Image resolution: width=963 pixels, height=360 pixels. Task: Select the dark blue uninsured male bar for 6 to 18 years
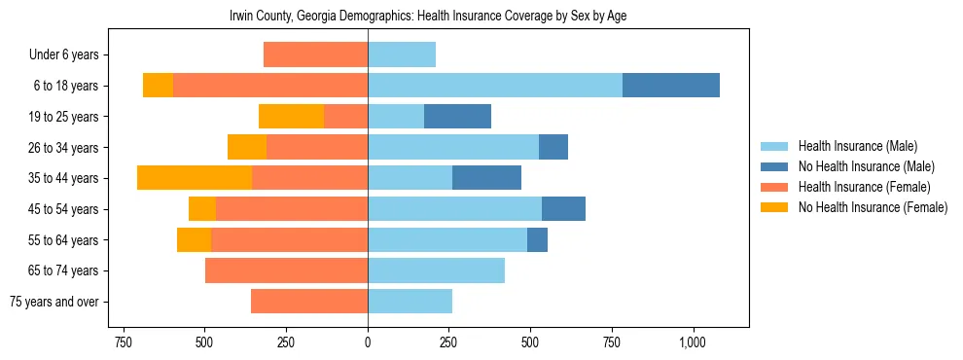click(x=670, y=86)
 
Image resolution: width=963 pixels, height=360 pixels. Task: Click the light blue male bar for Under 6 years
click(x=402, y=55)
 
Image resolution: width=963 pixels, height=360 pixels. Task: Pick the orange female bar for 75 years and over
click(x=309, y=302)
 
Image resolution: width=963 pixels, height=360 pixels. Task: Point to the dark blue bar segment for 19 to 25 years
click(x=457, y=117)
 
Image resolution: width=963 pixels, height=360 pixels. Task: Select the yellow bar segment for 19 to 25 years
click(x=291, y=117)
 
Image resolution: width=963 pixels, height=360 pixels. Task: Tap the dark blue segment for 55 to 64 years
click(x=537, y=240)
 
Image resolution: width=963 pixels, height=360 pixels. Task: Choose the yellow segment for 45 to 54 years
click(x=202, y=209)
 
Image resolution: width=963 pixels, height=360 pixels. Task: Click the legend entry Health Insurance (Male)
click(x=856, y=147)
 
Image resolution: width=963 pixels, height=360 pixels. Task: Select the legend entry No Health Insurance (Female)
click(x=872, y=207)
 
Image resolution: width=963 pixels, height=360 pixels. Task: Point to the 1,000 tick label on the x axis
click(x=693, y=342)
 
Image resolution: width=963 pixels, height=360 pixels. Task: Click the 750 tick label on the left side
click(x=123, y=342)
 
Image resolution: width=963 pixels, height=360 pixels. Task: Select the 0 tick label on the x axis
click(x=368, y=342)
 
